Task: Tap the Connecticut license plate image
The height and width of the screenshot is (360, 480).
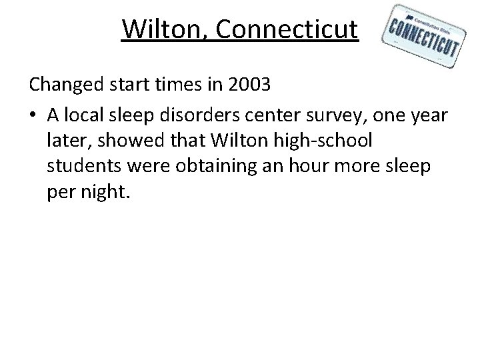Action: tap(424, 39)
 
